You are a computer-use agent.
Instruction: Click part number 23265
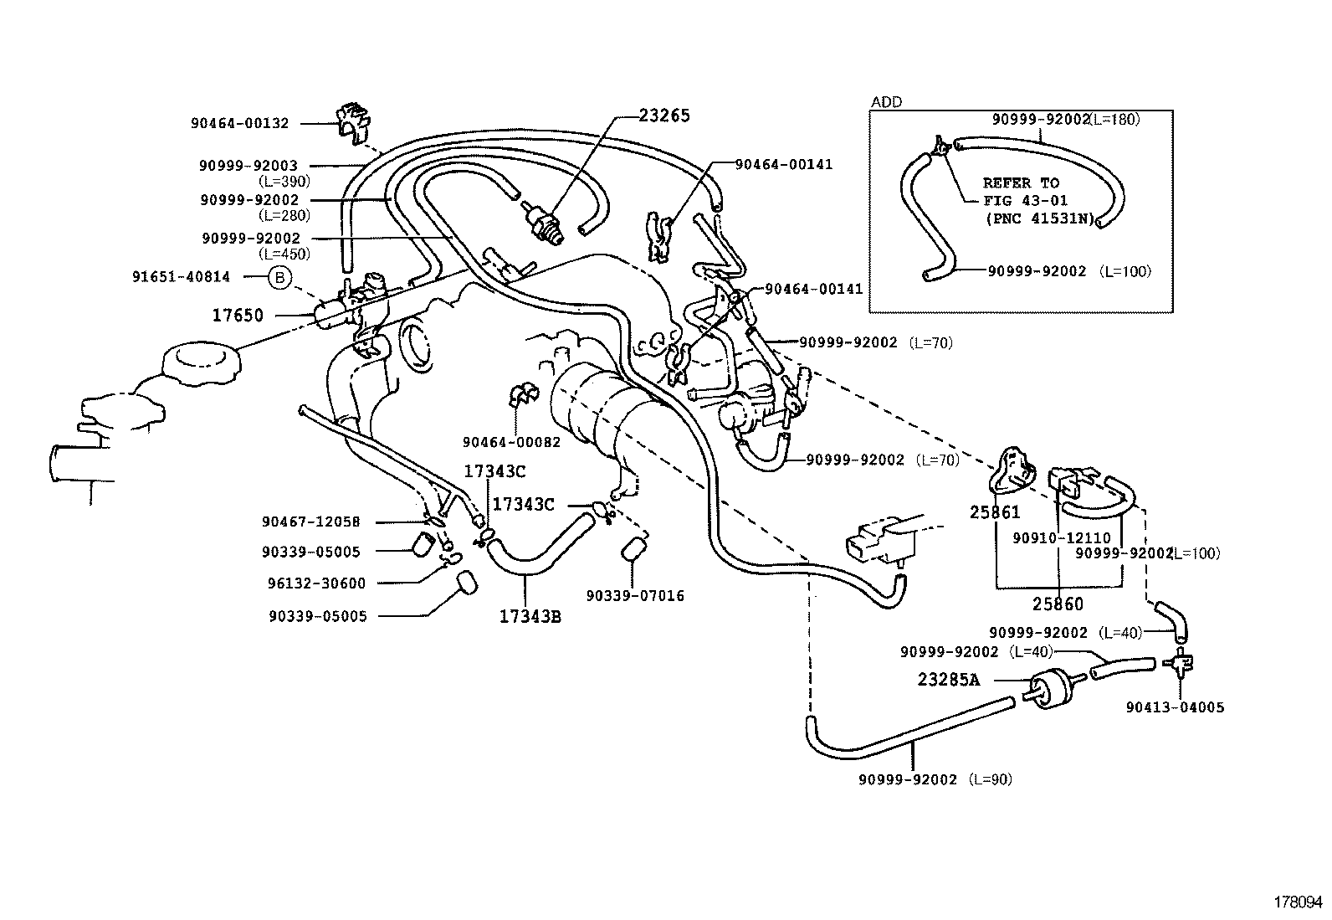(664, 116)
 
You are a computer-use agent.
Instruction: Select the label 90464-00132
(239, 123)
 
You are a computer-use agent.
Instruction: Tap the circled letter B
(279, 277)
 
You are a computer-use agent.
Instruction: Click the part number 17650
(238, 316)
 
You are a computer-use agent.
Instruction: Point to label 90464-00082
(511, 442)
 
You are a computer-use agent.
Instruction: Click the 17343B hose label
(530, 617)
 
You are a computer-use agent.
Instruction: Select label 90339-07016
(635, 596)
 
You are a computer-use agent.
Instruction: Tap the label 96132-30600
(317, 583)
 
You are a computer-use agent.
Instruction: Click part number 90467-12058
(310, 522)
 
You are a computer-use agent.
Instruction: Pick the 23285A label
(948, 680)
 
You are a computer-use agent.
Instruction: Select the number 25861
(995, 511)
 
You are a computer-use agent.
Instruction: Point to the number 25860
(1058, 604)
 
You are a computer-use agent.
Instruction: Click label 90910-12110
(1062, 538)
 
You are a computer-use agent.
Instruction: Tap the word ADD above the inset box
(887, 102)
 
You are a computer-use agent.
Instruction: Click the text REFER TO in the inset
(1021, 183)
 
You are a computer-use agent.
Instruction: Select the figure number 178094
(1299, 902)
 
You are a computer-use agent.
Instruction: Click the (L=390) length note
(284, 181)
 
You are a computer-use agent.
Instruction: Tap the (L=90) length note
(991, 779)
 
